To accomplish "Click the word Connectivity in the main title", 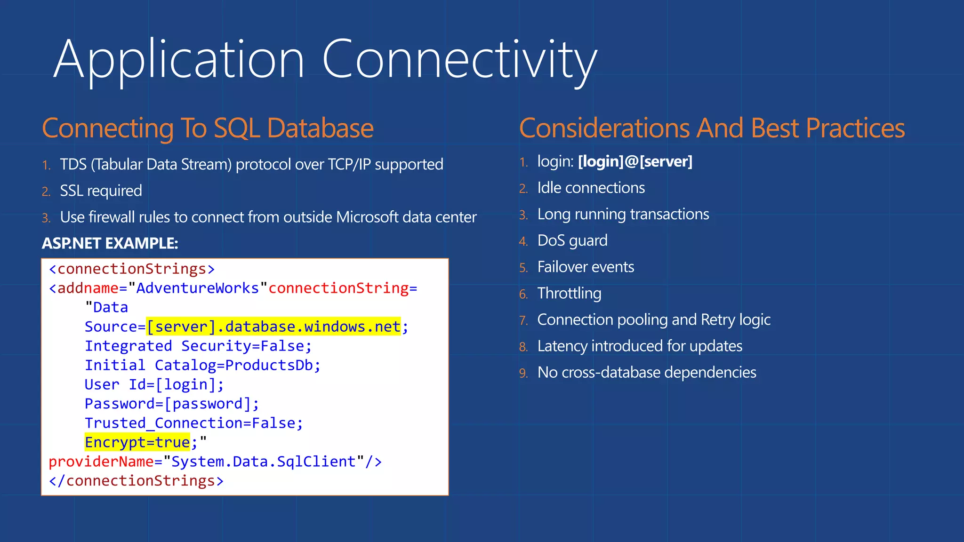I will [459, 60].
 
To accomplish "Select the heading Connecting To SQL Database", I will [208, 128].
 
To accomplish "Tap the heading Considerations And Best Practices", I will [712, 128].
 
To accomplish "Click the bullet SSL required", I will [101, 191].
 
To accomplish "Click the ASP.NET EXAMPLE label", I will [110, 243].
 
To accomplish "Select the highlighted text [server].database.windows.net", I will [273, 327].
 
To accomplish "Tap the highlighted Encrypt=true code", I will [137, 442].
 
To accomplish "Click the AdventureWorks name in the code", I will [197, 288].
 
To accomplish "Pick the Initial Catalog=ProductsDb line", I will [202, 365].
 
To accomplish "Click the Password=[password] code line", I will [172, 404].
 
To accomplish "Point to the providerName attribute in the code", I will [101, 462].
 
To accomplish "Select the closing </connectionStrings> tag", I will [136, 481].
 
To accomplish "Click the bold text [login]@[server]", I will [635, 161].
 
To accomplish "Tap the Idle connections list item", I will [591, 188].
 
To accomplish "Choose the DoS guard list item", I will [572, 240].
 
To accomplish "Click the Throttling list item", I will [569, 293].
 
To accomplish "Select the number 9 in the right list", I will [523, 373].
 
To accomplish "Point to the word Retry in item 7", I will [718, 319].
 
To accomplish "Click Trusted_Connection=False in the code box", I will [193, 423].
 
